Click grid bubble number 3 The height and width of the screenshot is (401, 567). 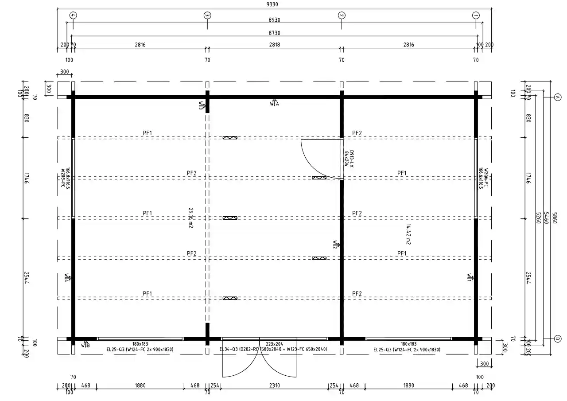[207, 15]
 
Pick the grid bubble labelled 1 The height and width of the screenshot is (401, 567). [476, 15]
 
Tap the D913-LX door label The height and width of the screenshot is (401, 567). [349, 158]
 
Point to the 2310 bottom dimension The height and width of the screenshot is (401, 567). [274, 385]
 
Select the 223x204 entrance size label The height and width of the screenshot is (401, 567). [274, 344]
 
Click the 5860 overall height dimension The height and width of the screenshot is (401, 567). [553, 218]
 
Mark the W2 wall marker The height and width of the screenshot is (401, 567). [336, 244]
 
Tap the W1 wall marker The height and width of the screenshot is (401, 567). [470, 278]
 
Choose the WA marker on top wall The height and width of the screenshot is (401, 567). [275, 103]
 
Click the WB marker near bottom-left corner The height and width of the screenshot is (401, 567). [85, 344]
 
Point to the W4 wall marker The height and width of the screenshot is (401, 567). [67, 278]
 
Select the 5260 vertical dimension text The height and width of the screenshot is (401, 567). [537, 218]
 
